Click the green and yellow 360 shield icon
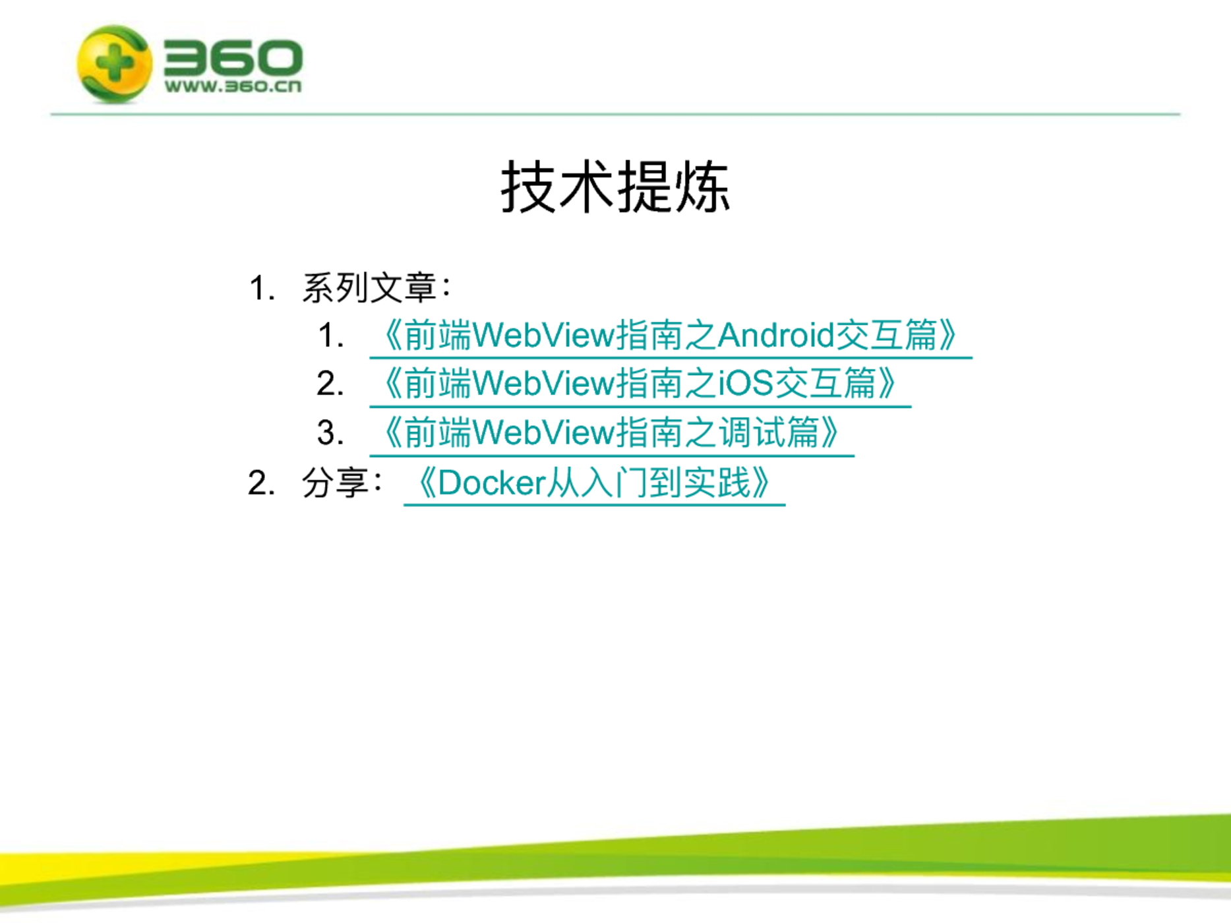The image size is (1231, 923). [115, 63]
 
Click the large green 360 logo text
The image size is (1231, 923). [233, 57]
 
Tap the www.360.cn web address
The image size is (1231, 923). [233, 86]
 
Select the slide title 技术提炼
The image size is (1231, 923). [615, 187]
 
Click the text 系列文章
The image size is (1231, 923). [369, 287]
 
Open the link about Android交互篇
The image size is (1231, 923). [671, 336]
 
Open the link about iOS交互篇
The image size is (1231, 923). [640, 384]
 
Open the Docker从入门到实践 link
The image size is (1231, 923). [594, 483]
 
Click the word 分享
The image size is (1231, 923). [336, 483]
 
